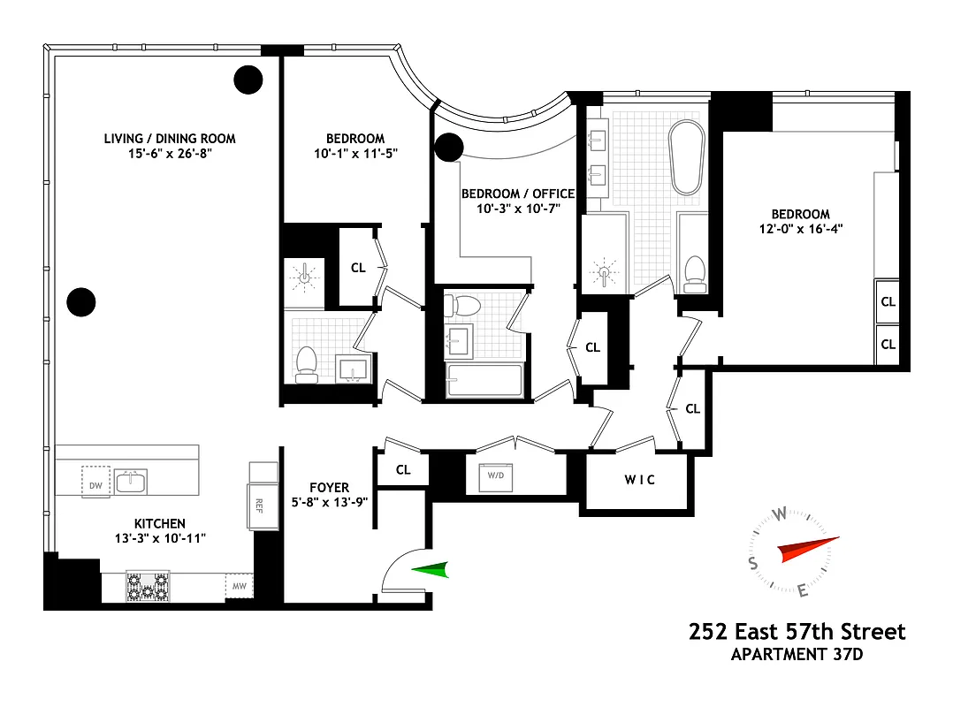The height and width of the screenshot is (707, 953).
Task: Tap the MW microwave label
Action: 239,586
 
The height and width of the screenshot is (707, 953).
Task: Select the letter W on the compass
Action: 780,515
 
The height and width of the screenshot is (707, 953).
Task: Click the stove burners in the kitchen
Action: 149,586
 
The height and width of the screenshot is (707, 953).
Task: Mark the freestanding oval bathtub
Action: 686,157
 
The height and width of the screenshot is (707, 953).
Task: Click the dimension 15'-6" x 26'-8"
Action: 170,154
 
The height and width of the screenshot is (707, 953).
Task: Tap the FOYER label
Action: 329,487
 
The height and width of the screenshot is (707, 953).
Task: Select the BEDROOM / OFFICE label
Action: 518,194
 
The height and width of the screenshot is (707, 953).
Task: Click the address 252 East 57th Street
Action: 797,632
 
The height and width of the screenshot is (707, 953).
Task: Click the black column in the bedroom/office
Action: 450,148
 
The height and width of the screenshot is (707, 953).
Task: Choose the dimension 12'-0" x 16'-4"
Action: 800,229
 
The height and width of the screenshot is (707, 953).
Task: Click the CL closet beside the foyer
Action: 403,470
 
